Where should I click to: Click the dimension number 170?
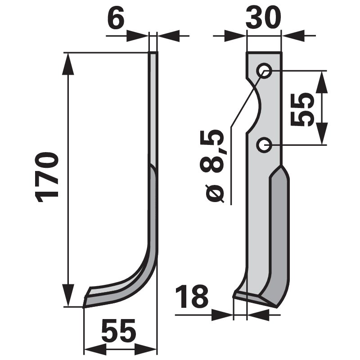[49, 176]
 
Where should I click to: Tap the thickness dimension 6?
[116, 19]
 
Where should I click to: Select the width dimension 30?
[264, 19]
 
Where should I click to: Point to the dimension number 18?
[191, 297]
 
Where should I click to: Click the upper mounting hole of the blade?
[264, 71]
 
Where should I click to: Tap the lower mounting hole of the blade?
[264, 145]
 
